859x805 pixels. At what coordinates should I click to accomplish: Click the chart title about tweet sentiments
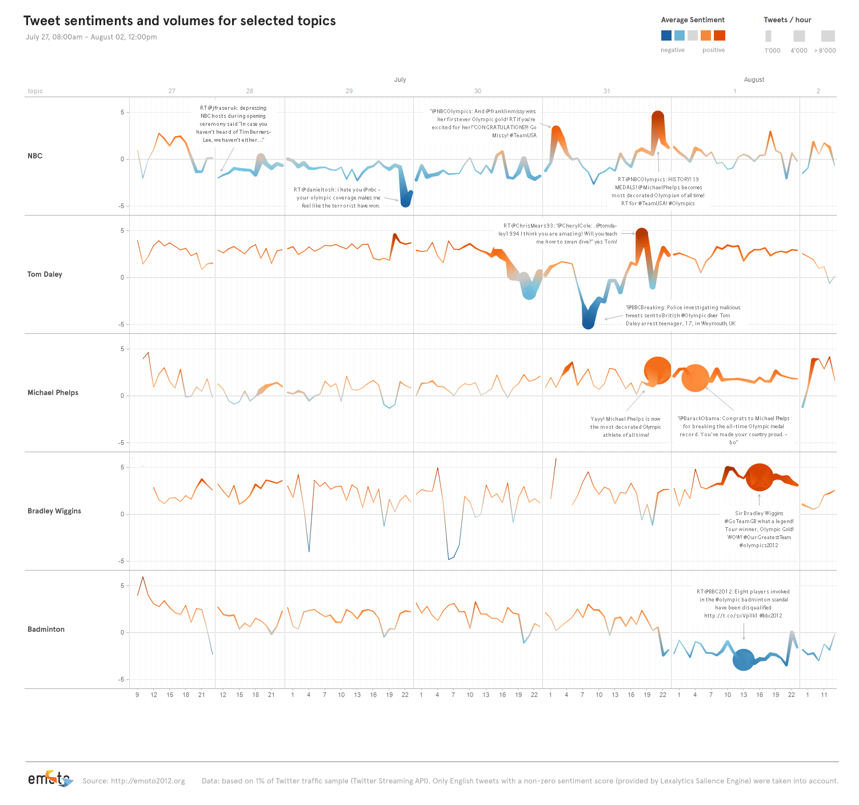pos(179,21)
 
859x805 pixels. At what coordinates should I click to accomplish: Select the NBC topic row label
pos(35,156)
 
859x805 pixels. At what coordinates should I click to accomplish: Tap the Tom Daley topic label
pos(45,274)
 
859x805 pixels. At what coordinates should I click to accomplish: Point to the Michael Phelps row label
pos(53,393)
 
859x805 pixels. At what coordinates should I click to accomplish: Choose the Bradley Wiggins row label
pos(54,511)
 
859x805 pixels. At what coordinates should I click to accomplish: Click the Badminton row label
pos(46,629)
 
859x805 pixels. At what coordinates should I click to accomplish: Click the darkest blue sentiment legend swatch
pos(666,35)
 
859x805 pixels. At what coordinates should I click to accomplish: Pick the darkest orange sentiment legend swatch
pos(720,35)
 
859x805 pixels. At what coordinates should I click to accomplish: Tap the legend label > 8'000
pos(825,50)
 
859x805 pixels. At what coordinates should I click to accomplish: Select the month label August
pos(754,79)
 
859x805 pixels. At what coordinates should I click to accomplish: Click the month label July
pos(400,79)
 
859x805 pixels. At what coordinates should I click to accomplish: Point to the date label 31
pos(606,91)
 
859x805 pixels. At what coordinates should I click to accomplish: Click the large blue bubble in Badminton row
pos(744,660)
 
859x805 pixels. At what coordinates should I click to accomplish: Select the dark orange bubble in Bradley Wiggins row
pos(760,477)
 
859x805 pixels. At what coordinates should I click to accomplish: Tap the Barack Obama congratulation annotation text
pos(733,430)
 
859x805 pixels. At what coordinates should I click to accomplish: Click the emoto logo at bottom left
pos(50,779)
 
